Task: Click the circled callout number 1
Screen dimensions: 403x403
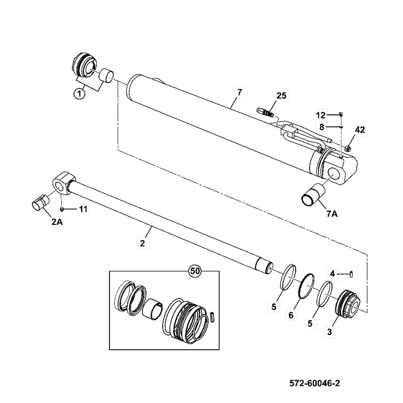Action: point(79,94)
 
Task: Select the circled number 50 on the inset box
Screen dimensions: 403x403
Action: point(195,271)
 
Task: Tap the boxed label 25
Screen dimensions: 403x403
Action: point(281,96)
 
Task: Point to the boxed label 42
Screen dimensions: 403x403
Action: point(360,129)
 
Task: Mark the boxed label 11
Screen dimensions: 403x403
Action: point(83,209)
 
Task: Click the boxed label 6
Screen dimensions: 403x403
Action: point(291,315)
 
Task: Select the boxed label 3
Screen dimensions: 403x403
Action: point(330,332)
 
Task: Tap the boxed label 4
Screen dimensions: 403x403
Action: point(332,274)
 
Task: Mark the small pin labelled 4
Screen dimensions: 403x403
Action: point(351,274)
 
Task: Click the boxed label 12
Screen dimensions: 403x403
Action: point(320,115)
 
